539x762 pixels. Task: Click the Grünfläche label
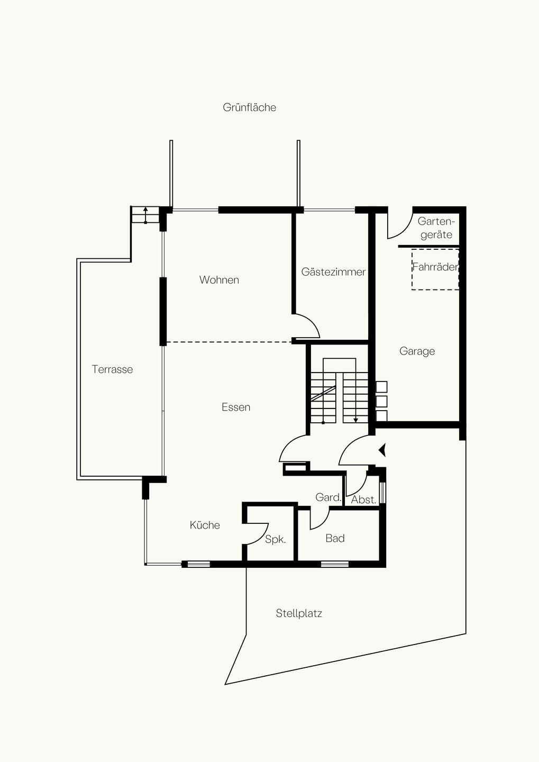[x=249, y=107]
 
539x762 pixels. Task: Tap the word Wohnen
[x=219, y=279]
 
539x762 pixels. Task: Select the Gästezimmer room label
[x=333, y=272]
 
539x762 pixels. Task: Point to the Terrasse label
[x=112, y=369]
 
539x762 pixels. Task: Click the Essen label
[x=236, y=407]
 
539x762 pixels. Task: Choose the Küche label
[x=205, y=525]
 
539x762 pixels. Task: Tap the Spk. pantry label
[x=275, y=540]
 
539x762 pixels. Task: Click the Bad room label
[x=335, y=538]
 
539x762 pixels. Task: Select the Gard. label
[x=328, y=497]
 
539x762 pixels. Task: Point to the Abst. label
[x=363, y=500]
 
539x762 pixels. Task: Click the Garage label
[x=417, y=351]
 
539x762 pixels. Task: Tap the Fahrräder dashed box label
[x=435, y=267]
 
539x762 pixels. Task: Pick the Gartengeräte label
[x=436, y=228]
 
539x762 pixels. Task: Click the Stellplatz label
[x=299, y=613]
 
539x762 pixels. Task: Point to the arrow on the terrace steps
[x=145, y=215]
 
